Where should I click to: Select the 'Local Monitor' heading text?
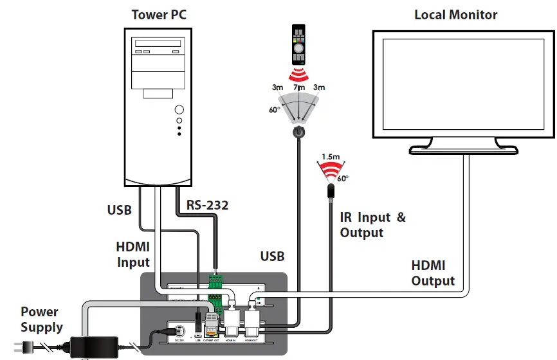[455, 14]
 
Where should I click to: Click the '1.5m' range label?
[330, 156]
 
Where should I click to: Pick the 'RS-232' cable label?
[206, 205]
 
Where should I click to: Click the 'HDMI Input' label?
[133, 254]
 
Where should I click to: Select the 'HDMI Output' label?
[433, 273]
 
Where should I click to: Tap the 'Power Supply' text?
[42, 319]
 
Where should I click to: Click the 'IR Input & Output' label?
[372, 225]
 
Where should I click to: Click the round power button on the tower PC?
[179, 110]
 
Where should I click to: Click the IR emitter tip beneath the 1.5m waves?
[331, 190]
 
